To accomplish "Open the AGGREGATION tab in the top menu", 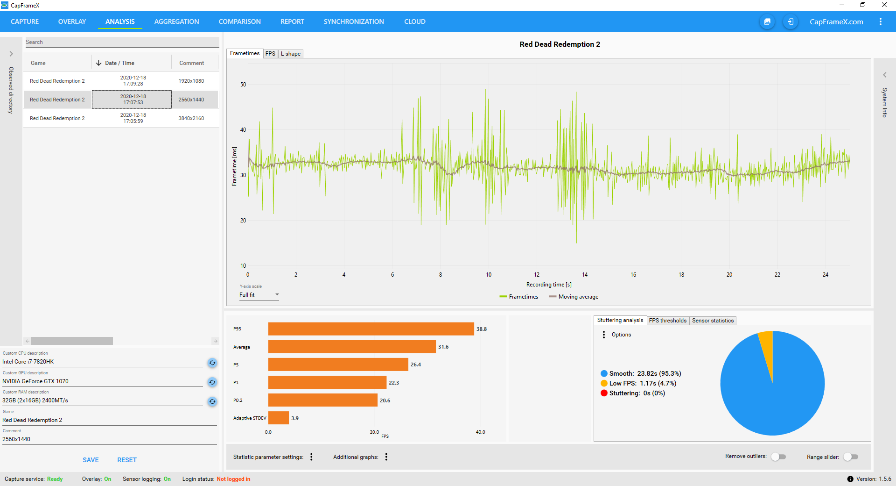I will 176,21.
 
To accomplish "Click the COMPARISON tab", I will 239,21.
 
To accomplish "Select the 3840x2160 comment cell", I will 191,118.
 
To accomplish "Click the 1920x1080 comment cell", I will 191,81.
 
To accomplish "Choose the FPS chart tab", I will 270,54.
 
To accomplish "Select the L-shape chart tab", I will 291,54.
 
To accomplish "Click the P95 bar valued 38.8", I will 371,329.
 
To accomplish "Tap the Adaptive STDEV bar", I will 279,418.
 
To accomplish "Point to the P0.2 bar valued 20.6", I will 322,400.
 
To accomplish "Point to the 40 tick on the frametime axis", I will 243,130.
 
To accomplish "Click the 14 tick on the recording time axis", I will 585,275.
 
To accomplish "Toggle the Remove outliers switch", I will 778,457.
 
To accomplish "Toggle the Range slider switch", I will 851,457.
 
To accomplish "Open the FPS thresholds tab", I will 667,321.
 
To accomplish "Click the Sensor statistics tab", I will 713,321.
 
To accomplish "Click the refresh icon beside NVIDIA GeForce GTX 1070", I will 212,382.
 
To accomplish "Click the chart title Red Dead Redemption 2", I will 560,44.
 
